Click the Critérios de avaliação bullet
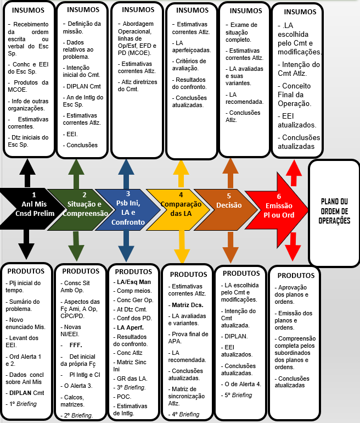click(190, 65)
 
